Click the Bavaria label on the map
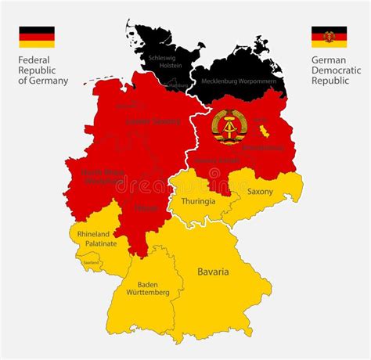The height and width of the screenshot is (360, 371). tap(213, 272)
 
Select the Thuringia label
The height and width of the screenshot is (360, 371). tap(199, 200)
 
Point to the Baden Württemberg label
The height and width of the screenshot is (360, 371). tap(147, 287)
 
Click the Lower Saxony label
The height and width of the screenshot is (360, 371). tap(153, 121)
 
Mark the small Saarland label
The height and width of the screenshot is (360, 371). tap(92, 262)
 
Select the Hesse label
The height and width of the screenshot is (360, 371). tap(146, 208)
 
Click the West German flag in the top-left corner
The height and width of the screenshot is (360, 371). tap(37, 37)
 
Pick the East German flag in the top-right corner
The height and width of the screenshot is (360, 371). tap(329, 37)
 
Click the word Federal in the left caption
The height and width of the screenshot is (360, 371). tap(34, 59)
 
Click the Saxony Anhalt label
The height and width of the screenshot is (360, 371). tap(217, 160)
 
